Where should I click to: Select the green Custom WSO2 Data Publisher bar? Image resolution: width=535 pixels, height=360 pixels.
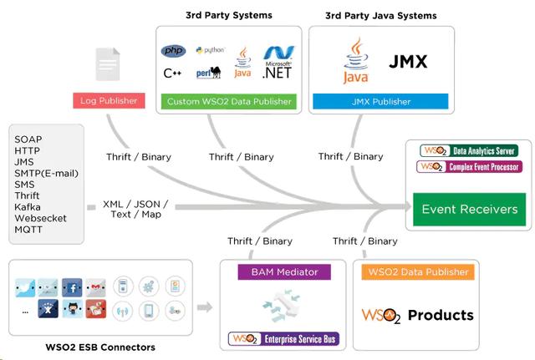(x=227, y=102)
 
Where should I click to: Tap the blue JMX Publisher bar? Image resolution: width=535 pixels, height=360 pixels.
(x=381, y=102)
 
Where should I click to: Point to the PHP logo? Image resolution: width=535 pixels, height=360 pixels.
(x=172, y=52)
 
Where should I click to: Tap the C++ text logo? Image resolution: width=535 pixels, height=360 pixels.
(x=172, y=74)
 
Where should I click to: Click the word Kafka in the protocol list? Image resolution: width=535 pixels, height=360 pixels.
(x=28, y=205)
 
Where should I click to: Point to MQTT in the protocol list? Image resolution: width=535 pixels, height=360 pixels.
(x=29, y=229)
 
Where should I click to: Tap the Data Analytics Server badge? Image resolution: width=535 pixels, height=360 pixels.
(x=468, y=150)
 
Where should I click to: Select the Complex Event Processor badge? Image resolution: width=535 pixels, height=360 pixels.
(x=468, y=166)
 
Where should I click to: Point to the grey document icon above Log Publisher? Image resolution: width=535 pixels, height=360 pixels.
(x=106, y=63)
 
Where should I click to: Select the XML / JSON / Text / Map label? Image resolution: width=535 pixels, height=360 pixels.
(x=135, y=209)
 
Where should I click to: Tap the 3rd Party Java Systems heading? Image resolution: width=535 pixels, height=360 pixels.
(x=381, y=16)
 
